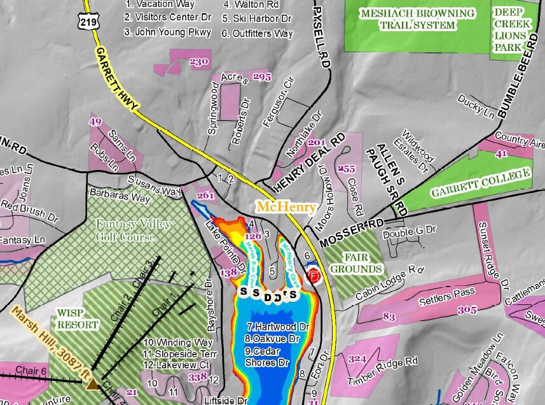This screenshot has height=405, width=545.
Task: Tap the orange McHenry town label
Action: pos(286,207)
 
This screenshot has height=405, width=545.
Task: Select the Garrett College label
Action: pos(481,183)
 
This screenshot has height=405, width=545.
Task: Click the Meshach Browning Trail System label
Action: pos(417,19)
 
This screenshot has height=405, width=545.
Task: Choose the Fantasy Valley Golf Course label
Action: pos(125,231)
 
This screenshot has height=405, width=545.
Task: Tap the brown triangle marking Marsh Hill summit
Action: pos(93,383)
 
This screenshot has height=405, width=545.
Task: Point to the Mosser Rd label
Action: pos(353,233)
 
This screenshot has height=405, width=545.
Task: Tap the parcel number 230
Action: pos(199,62)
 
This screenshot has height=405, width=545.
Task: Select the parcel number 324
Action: pos(357,359)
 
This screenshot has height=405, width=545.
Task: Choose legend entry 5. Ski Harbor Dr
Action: pos(257,18)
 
